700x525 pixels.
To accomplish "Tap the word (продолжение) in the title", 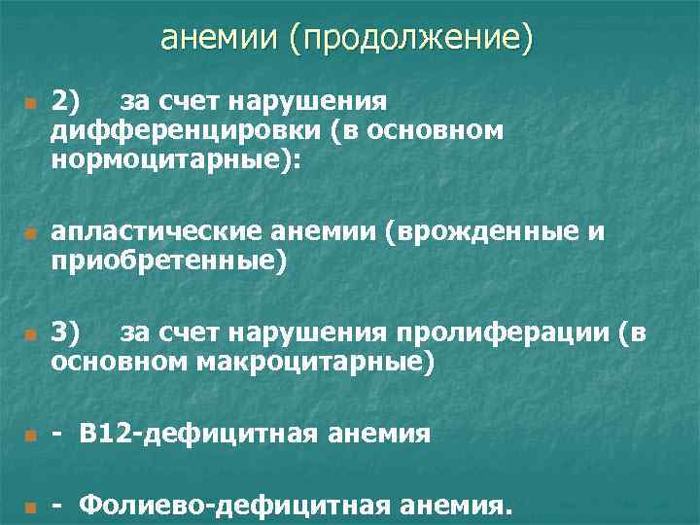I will [411, 39].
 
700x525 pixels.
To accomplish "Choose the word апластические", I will [152, 233].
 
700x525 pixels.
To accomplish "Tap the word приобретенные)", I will [170, 262].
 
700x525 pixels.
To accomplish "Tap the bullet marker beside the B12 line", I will [31, 436].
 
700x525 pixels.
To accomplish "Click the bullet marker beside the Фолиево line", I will [31, 507].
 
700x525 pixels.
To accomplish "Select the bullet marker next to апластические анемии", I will [31, 235].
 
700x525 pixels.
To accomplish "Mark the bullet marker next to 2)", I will [31, 103].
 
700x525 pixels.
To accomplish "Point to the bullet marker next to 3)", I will [31, 336].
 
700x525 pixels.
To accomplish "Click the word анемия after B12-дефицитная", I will [376, 434].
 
